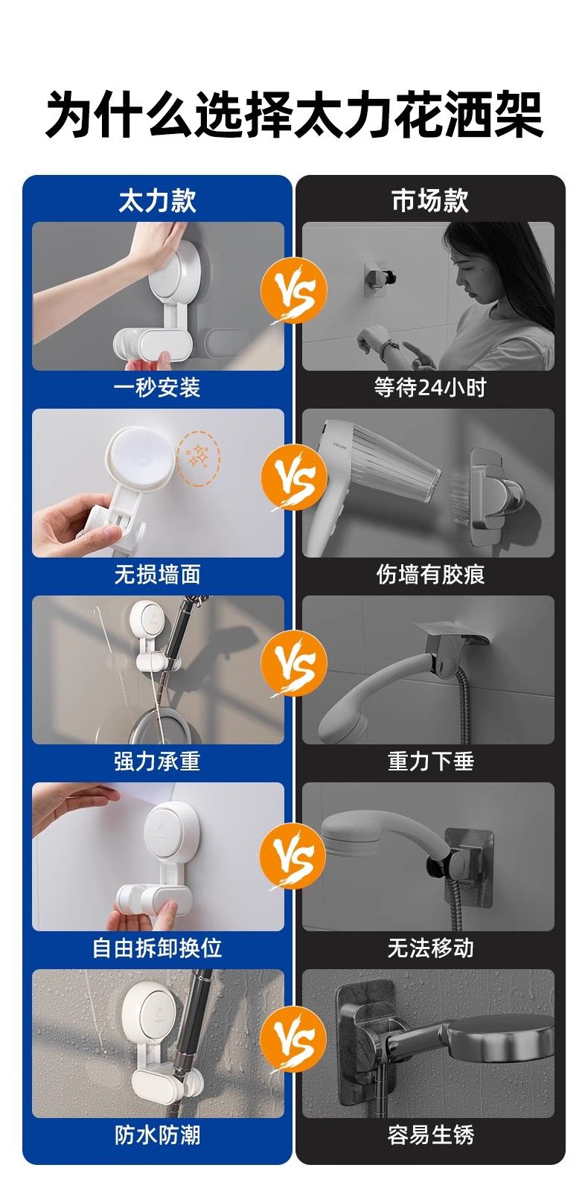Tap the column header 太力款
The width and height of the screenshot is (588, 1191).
157,200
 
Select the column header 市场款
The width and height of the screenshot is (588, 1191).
430,200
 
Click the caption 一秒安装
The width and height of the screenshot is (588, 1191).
157,387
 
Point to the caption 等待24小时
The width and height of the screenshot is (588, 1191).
430,387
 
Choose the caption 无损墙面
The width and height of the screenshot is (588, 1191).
157,574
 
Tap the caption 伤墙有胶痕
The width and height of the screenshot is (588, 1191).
430,574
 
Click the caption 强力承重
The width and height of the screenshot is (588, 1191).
157,761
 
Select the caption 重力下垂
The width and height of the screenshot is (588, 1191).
430,761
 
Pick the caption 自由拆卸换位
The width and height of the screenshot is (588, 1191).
157,948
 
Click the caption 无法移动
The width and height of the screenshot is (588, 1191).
430,948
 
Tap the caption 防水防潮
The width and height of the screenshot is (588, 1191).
157,1134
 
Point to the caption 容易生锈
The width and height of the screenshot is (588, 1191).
430,1134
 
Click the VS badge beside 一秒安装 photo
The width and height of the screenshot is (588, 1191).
293,291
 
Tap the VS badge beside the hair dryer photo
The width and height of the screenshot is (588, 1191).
293,478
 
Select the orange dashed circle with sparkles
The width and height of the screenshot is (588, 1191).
199,459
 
